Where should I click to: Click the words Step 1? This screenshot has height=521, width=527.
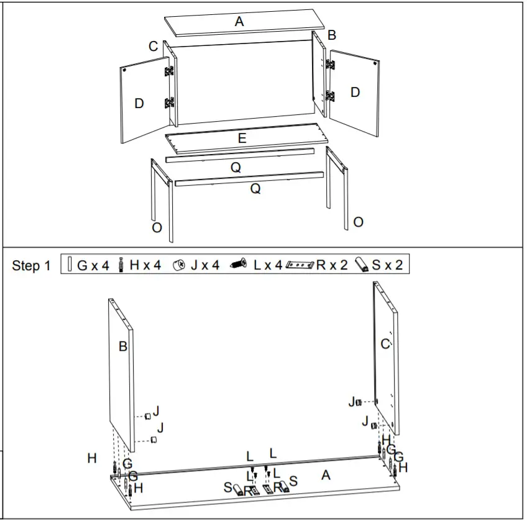coord(31,266)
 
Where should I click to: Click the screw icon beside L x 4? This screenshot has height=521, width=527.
coord(239,265)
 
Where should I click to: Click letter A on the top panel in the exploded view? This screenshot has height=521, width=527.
coord(239,22)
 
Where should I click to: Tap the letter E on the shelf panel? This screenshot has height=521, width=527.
coord(242,138)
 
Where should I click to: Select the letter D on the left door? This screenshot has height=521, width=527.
coord(139,104)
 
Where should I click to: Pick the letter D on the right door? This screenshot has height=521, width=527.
coord(355,92)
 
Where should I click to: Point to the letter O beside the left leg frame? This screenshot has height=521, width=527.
coord(157,228)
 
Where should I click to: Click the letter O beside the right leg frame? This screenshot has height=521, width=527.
coord(358,222)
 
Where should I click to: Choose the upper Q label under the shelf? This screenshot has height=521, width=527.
coord(236,168)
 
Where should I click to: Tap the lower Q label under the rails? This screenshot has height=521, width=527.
coord(255,189)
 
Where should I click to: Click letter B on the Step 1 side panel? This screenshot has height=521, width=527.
coord(123,347)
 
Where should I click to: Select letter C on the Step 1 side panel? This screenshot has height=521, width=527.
coord(385,343)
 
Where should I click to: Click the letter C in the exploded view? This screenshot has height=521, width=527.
coord(153,47)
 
